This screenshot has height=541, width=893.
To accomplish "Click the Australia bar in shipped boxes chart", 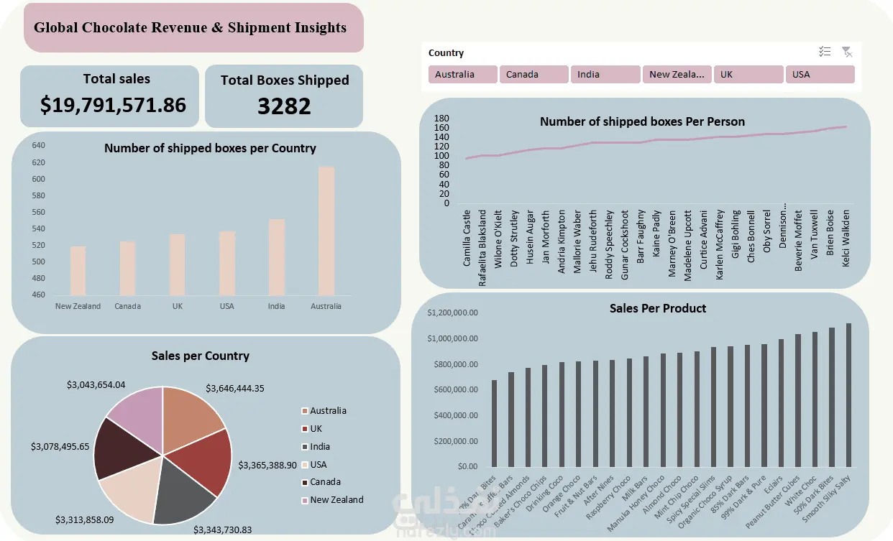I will (326, 231).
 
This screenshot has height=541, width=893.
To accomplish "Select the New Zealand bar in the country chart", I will (78, 271).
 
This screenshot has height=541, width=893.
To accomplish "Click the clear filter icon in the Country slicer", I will (847, 52).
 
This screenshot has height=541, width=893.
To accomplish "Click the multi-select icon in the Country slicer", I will (825, 52).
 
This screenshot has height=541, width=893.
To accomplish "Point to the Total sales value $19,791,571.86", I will (113, 105).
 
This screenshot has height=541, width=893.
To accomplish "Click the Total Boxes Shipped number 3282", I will (284, 106).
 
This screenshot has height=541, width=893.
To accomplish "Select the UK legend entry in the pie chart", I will (316, 428).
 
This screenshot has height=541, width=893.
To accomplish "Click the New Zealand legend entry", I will (336, 499).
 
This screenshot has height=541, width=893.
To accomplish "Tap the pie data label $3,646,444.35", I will (235, 388).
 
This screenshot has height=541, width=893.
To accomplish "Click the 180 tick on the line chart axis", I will (441, 118).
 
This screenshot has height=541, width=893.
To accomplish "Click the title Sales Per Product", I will (657, 308).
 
